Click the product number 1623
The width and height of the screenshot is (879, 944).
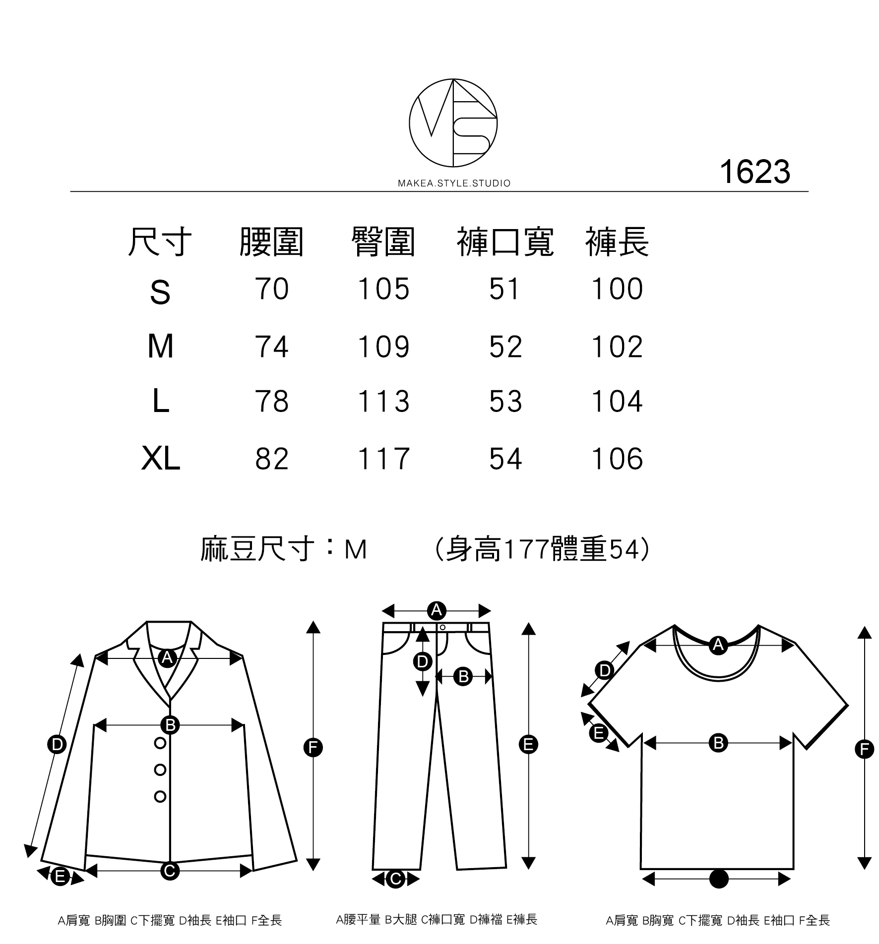tap(754, 172)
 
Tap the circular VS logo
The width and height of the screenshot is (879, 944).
tap(453, 122)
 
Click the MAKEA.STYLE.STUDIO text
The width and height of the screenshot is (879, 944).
tap(454, 183)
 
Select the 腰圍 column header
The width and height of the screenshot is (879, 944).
tap(271, 242)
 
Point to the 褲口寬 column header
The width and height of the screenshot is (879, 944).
tap(504, 242)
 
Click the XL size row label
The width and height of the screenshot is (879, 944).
tap(160, 459)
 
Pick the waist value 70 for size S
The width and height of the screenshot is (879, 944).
tap(271, 289)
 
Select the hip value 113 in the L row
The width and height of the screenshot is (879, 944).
tap(383, 401)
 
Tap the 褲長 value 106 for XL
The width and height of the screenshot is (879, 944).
tap(617, 459)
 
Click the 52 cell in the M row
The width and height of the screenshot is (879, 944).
tap(505, 347)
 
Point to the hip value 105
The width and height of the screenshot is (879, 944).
tap(383, 289)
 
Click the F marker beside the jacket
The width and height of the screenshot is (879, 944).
tap(313, 747)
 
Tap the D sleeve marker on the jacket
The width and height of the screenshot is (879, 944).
tap(57, 744)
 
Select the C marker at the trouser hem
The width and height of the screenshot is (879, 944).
tap(395, 879)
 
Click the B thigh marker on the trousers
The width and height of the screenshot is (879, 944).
tap(463, 676)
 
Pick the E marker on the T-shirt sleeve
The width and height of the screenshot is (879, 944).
tap(598, 733)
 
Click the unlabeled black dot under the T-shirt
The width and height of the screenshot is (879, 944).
tap(719, 879)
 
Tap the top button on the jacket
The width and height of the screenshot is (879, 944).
tap(160, 743)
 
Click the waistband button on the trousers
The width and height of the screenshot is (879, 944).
tap(442, 628)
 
